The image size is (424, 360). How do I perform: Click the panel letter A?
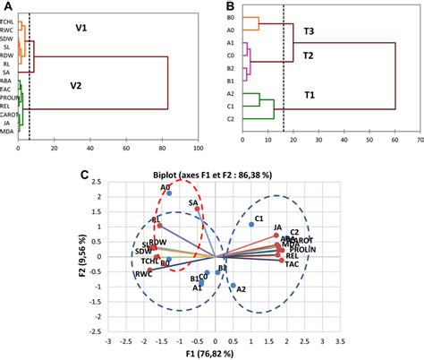(x=8, y=7)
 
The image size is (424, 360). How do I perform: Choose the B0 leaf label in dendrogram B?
(x=230, y=18)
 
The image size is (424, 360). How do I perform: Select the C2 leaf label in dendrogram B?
(x=230, y=118)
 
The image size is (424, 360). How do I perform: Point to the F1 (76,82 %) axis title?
(x=212, y=353)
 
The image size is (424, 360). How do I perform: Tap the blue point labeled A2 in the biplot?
(x=232, y=287)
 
